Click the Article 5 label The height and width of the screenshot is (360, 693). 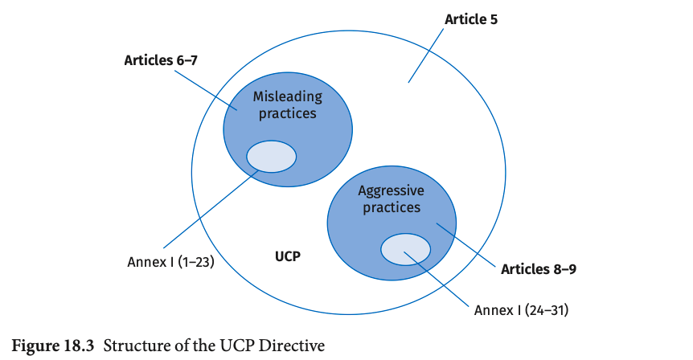click(x=470, y=18)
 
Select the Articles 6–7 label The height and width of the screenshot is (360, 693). click(x=161, y=60)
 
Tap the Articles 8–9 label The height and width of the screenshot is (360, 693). click(x=539, y=268)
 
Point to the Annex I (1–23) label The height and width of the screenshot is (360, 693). click(x=170, y=261)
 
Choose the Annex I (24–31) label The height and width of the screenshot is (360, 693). click(x=522, y=309)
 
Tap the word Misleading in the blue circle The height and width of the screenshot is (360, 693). click(x=287, y=96)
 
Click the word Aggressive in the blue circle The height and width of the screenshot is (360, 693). click(x=391, y=190)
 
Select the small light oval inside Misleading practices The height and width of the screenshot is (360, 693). click(x=271, y=156)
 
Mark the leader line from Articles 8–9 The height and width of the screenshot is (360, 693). click(x=466, y=243)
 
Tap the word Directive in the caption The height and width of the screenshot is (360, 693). click(x=293, y=346)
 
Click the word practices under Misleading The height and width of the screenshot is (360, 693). click(x=287, y=113)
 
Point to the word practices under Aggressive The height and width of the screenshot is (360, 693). click(x=391, y=207)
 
